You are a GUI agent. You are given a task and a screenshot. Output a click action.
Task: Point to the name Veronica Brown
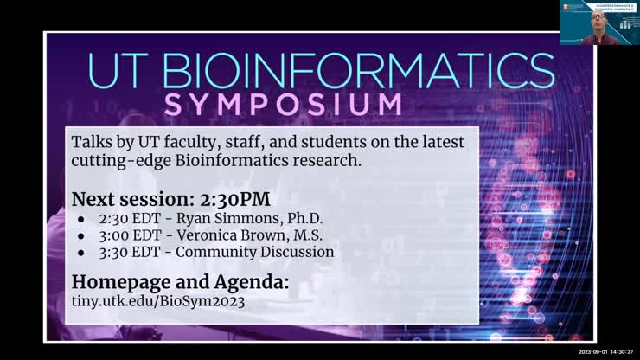tap(249, 235)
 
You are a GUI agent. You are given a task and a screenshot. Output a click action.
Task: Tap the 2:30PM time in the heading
tap(239, 198)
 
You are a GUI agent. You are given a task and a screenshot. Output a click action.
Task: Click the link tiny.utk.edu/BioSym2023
tap(158, 301)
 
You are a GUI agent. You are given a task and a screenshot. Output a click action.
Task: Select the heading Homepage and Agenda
tap(180, 282)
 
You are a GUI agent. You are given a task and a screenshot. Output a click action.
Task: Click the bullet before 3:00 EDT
tap(80, 235)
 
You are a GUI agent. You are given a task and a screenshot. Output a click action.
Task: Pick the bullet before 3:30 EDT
tap(80, 253)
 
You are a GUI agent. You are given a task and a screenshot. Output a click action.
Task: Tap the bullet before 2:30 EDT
tap(80, 218)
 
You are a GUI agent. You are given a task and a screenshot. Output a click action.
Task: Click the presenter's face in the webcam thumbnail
tap(597, 19)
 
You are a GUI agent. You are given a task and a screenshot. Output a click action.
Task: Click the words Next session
tap(126, 198)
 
